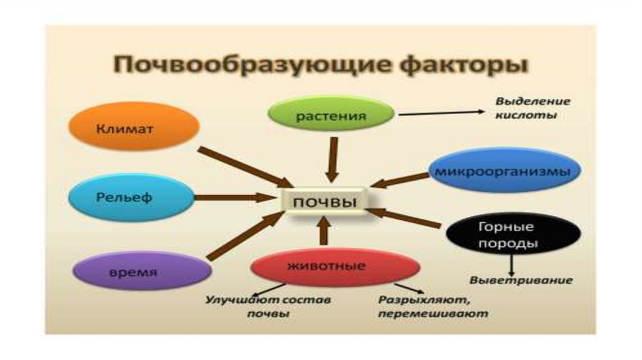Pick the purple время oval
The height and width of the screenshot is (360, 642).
(140, 272)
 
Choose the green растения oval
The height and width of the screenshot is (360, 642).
(331, 116)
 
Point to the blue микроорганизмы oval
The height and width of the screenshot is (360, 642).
(504, 171)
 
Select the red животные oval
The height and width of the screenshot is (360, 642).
(335, 266)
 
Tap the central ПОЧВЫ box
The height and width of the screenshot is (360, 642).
(325, 203)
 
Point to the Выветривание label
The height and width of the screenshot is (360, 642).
(521, 280)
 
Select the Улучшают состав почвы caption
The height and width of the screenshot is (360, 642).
(268, 307)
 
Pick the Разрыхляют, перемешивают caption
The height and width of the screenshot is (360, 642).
(432, 307)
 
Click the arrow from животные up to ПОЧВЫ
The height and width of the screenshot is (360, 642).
(324, 231)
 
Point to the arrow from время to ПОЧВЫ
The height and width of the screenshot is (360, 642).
(245, 236)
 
